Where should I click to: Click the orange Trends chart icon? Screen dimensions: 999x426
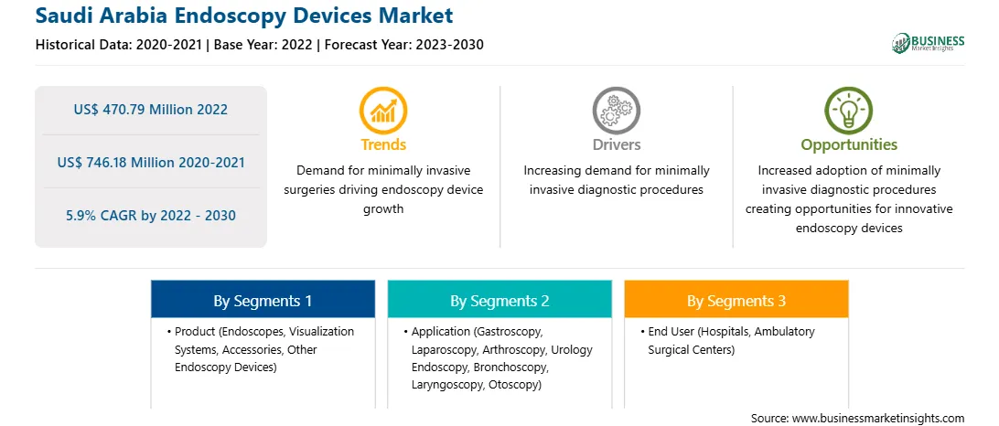383,111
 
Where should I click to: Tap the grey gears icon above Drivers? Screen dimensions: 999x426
616,111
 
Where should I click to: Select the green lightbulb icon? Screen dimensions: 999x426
849,111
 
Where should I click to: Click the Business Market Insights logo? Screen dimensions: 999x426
929,43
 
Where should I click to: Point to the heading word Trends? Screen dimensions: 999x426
383,144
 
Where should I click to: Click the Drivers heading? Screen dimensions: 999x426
616,144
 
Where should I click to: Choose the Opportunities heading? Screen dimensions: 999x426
849,144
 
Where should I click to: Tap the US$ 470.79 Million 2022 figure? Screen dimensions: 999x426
150,110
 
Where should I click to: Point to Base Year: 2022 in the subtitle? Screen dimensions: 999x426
263,45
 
